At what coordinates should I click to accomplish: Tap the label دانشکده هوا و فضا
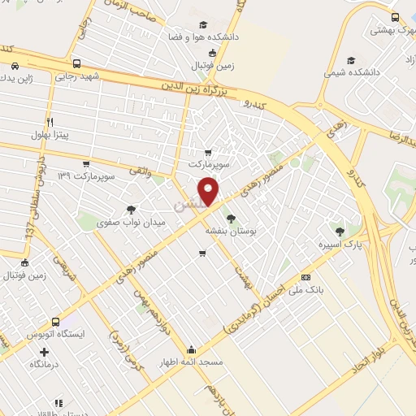(x=202, y=37)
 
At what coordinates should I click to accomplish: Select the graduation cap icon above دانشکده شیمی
(x=350, y=60)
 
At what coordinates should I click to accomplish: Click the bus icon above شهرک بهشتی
(x=394, y=17)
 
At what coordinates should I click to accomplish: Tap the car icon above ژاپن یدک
(x=15, y=66)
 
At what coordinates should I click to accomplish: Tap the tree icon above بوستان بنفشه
(x=231, y=218)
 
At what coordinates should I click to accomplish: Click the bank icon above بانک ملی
(x=305, y=277)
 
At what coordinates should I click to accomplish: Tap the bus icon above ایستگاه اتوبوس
(x=55, y=322)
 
